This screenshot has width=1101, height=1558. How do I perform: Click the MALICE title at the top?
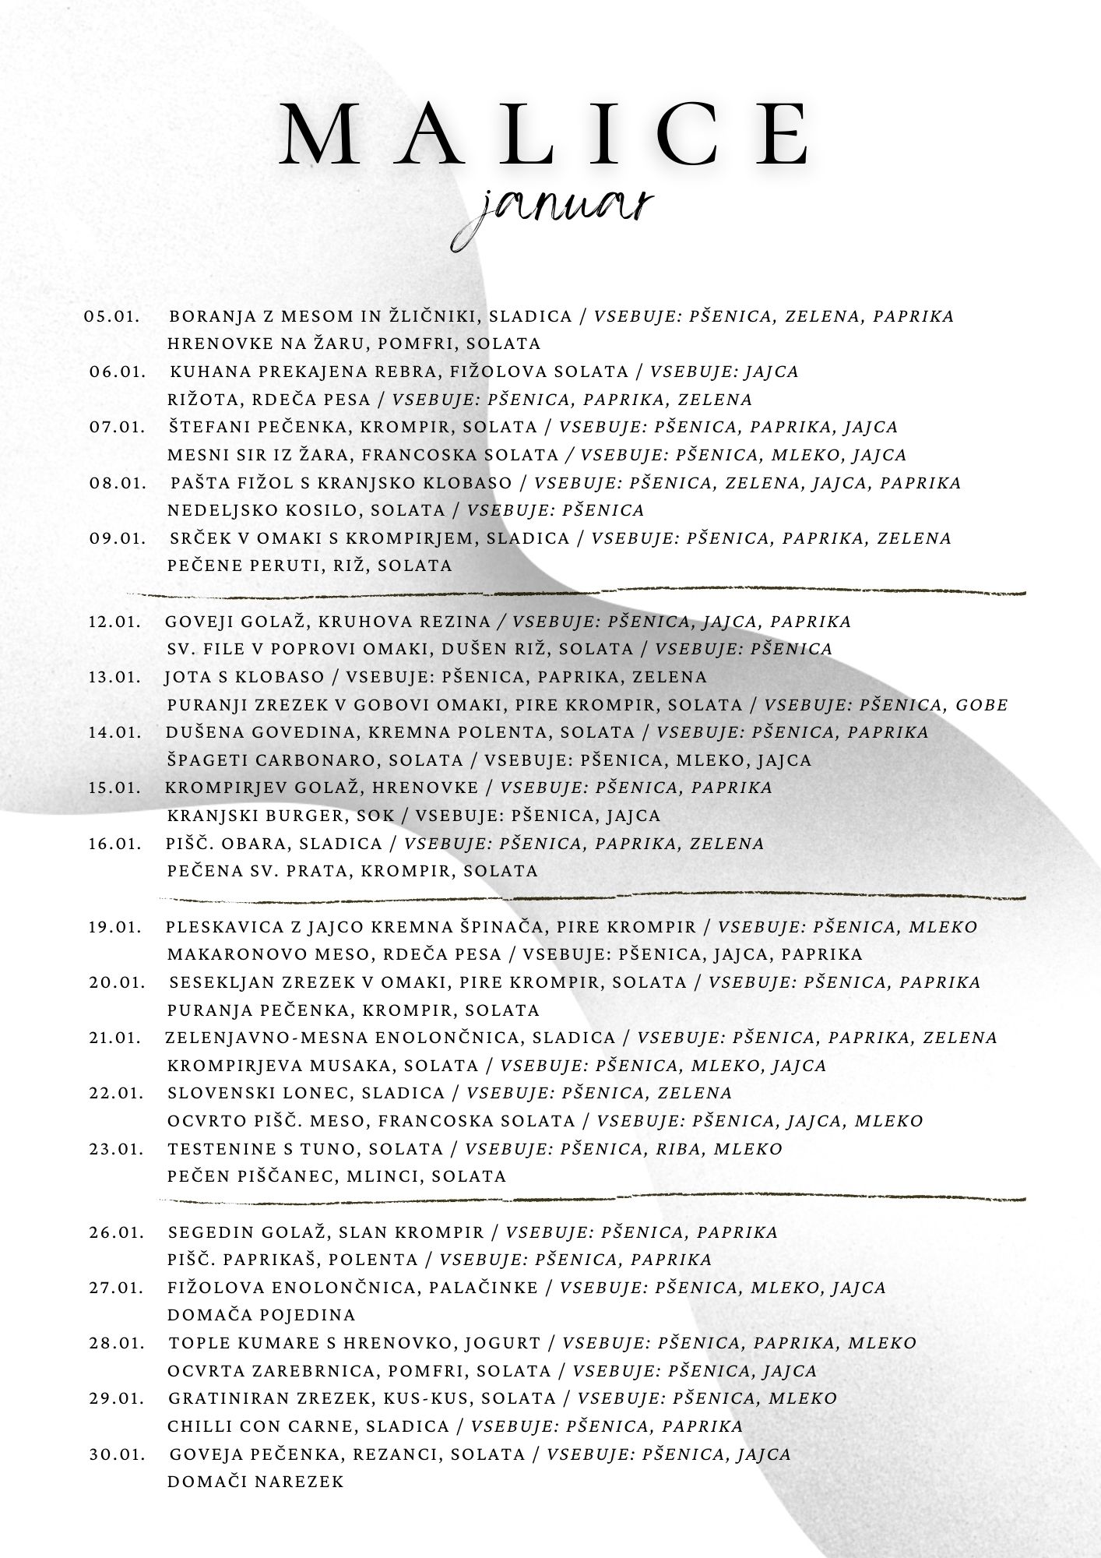click(x=545, y=132)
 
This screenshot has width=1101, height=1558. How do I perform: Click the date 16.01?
click(x=114, y=844)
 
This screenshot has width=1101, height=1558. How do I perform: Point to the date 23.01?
click(x=116, y=1149)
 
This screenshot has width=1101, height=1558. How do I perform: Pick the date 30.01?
click(x=117, y=1454)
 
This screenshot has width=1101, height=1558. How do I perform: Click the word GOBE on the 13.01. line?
click(x=981, y=705)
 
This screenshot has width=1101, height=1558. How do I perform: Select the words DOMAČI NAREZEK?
click(x=255, y=1482)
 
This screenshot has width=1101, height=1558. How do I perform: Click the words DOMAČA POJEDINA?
click(x=261, y=1315)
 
